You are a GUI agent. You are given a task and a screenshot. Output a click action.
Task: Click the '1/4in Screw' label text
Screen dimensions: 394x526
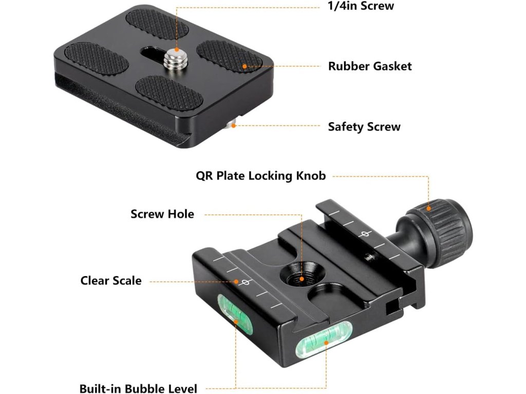(361, 6)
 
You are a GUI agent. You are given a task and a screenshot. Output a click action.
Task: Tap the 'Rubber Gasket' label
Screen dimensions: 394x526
(370, 66)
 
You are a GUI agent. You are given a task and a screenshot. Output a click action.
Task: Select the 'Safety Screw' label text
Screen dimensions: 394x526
(364, 127)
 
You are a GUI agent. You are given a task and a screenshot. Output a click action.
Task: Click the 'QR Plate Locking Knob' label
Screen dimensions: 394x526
(261, 176)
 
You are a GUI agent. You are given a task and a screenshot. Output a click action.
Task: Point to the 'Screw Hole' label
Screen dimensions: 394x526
(162, 214)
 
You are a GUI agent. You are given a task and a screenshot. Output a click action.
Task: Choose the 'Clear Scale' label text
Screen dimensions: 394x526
(111, 281)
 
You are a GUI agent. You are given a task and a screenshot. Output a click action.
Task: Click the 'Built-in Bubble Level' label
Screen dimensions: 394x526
(138, 388)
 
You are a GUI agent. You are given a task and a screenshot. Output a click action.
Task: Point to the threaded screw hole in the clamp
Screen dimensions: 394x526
(302, 278)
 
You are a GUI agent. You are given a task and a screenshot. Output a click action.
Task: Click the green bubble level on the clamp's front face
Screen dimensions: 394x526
(324, 343)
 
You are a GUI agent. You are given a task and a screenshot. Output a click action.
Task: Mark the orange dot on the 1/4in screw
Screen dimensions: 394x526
(176, 50)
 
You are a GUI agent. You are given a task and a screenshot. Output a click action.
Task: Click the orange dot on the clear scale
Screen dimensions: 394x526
(237, 281)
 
